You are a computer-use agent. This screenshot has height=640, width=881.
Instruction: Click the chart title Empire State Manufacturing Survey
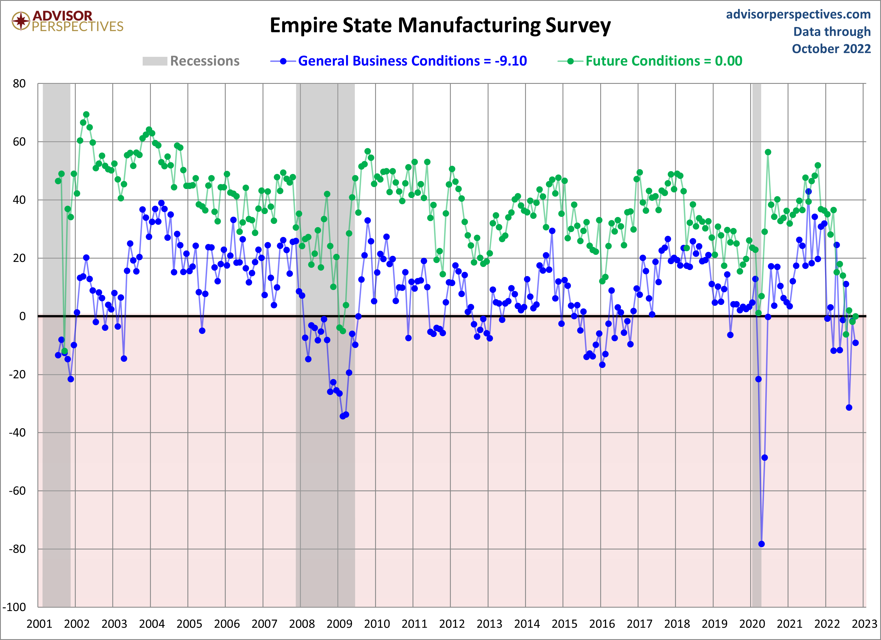440,26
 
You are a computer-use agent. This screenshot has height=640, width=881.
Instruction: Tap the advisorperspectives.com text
798,14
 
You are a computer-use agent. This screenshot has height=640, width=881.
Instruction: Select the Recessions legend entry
191,61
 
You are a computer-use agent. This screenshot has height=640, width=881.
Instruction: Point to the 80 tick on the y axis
19,84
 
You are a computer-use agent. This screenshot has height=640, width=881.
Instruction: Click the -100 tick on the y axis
15,607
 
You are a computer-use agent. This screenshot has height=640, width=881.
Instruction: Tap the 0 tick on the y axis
23,316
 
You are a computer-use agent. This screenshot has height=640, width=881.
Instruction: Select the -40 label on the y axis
17,433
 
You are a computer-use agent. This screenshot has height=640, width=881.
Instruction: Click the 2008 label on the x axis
302,624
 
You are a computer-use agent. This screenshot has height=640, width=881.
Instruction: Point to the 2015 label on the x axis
564,624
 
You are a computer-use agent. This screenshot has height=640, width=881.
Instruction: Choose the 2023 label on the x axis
864,624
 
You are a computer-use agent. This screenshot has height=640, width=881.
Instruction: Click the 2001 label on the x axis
39,624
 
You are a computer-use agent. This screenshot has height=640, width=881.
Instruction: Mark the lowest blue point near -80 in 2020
761,544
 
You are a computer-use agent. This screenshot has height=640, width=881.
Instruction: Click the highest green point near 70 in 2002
86,114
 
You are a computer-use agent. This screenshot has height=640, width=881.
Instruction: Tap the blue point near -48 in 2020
765,457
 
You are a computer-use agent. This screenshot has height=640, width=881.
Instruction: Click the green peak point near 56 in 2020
768,152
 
